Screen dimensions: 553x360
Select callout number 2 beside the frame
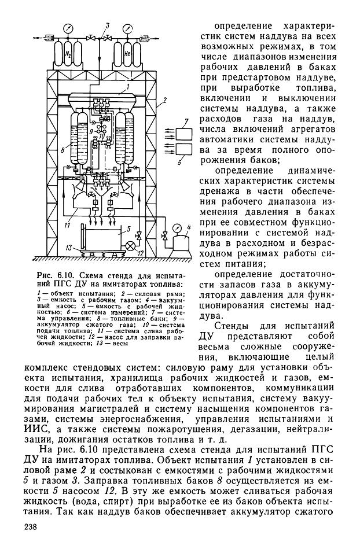click(x=164, y=101)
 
